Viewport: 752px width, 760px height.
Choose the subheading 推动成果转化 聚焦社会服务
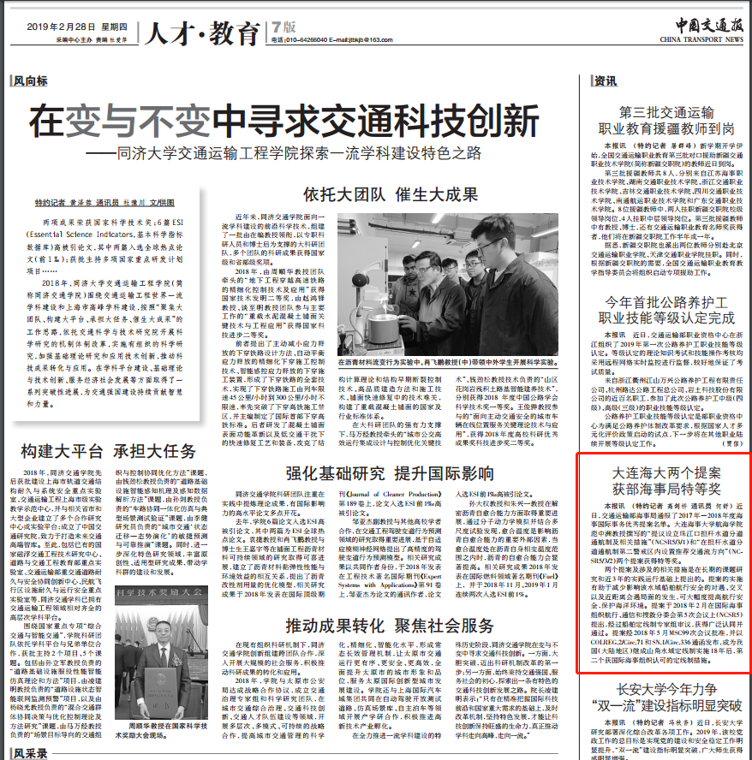click(390, 622)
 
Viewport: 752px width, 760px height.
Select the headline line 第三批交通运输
click(665, 111)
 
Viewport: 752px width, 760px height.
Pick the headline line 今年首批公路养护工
click(665, 302)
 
